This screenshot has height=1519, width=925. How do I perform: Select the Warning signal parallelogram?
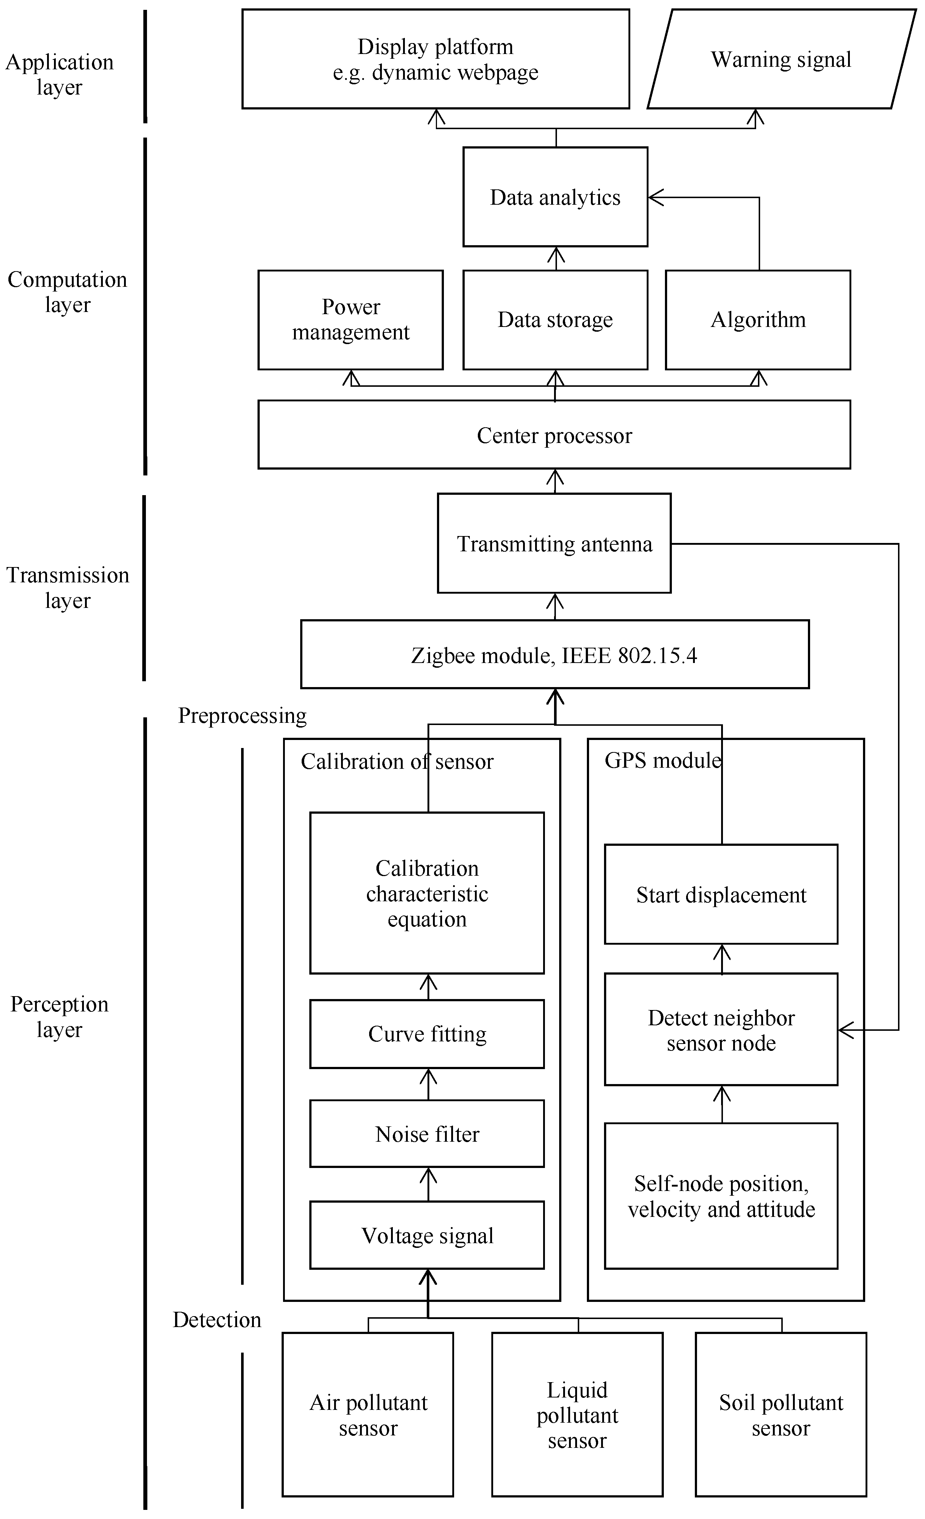(781, 59)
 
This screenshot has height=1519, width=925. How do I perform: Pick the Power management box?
(350, 319)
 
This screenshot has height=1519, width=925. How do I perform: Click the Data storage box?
(555, 319)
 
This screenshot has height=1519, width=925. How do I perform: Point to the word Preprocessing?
(242, 715)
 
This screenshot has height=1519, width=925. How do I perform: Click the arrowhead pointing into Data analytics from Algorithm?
(654, 197)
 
